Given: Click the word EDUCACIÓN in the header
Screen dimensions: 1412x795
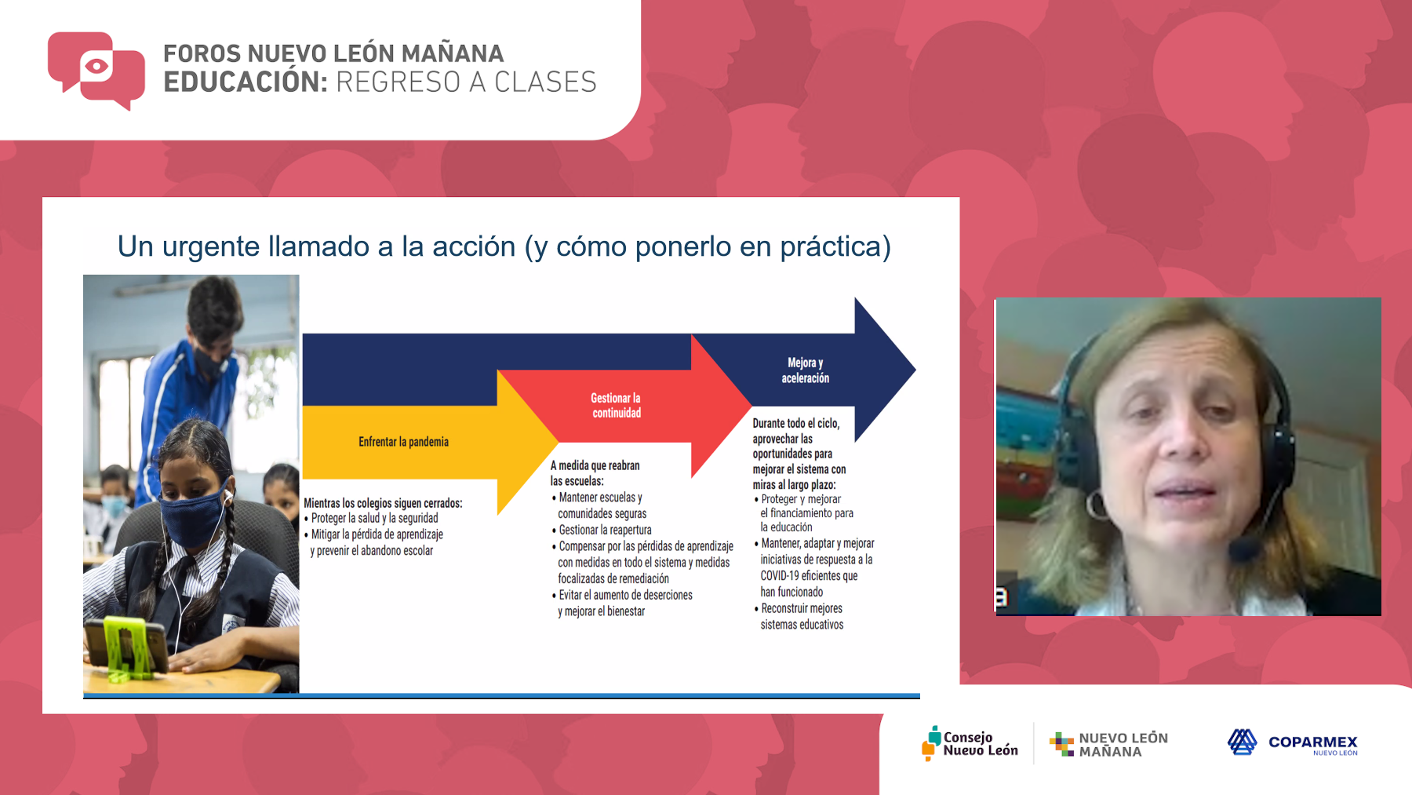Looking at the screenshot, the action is [246, 82].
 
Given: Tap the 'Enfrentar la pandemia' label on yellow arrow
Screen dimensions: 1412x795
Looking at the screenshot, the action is [403, 442].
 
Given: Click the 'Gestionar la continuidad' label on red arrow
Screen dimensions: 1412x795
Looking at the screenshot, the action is [616, 406].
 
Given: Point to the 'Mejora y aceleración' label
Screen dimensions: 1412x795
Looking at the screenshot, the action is [805, 370].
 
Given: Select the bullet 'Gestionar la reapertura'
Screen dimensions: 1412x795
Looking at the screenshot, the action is [602, 530].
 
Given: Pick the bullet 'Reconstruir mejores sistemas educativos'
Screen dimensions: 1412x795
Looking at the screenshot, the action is [799, 616].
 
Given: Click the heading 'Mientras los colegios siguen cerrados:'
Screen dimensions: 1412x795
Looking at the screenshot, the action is [383, 503].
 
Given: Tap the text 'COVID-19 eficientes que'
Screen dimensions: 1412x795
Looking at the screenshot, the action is [809, 575].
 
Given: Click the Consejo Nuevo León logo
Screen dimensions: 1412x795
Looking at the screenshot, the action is [970, 743].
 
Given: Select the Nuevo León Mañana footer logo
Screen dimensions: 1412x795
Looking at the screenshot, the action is [1108, 744].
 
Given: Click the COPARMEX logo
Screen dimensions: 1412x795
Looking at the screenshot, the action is [1293, 742].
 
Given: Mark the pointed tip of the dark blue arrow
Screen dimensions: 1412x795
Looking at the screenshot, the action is [915, 369].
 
